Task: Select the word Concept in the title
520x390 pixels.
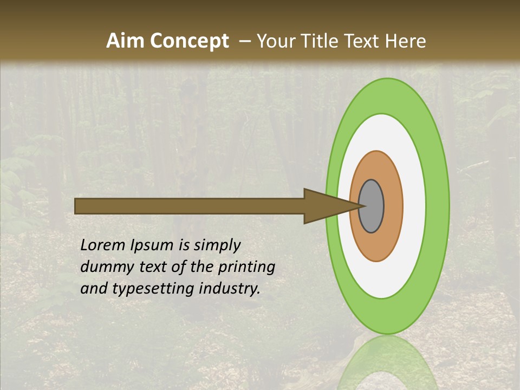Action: coord(189,42)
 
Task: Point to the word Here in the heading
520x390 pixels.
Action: coord(405,41)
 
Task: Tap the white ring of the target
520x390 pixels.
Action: coord(414,206)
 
